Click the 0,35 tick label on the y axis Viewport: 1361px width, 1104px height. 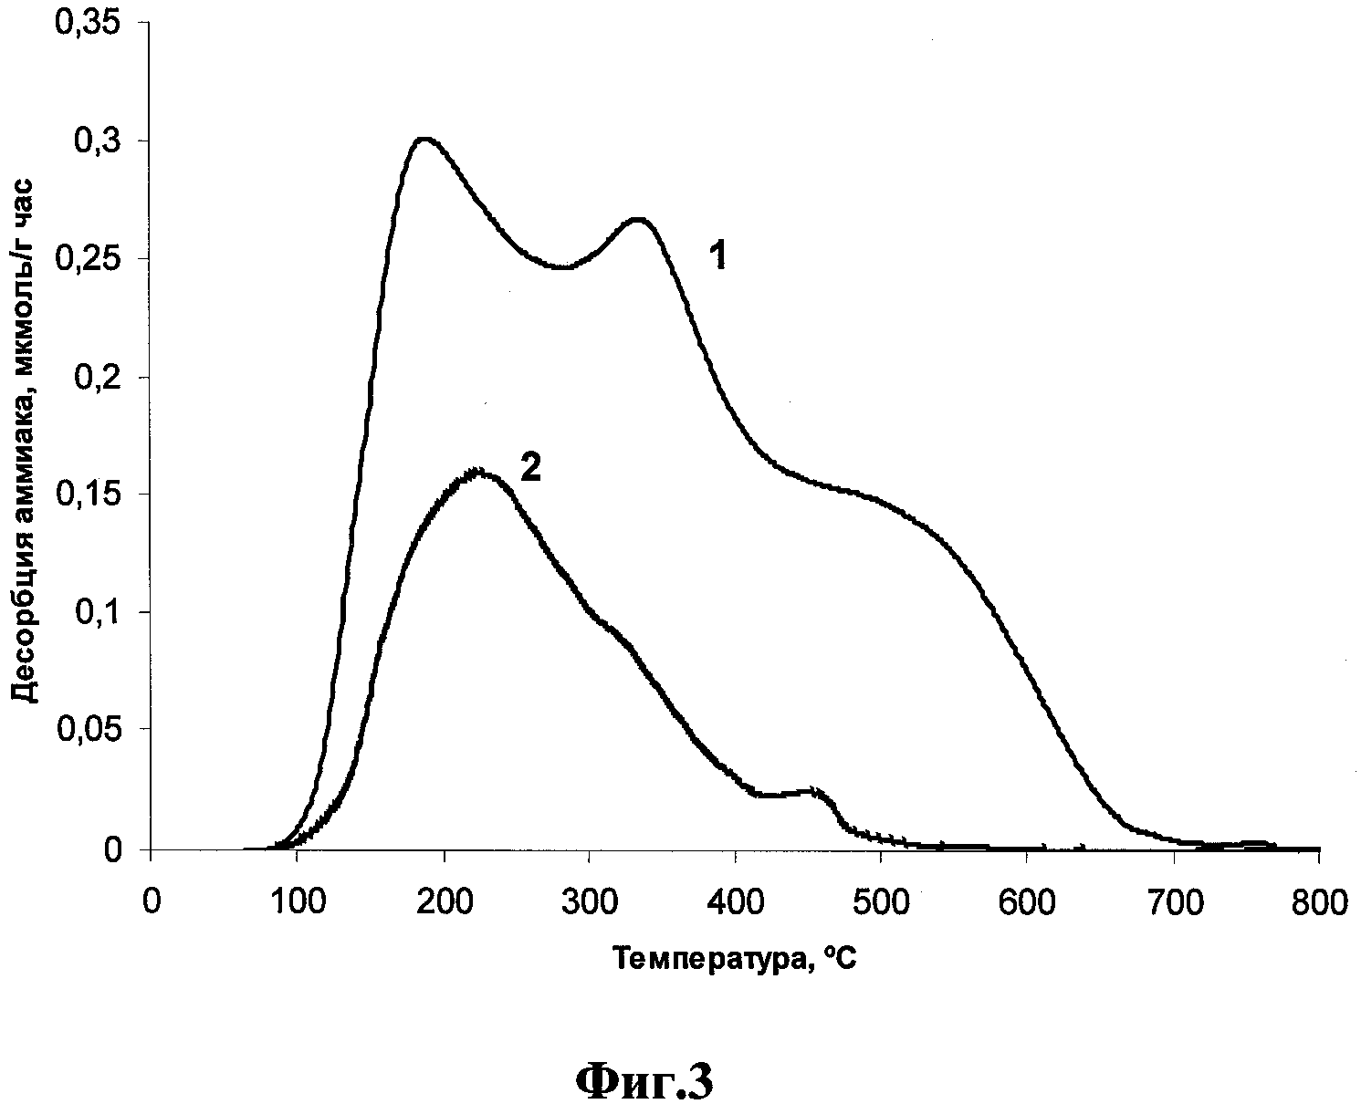pyautogui.click(x=89, y=24)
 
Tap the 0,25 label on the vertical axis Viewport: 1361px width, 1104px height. pyautogui.click(x=89, y=259)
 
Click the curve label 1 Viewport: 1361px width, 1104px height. pyautogui.click(x=718, y=257)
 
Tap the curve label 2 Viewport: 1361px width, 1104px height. pyautogui.click(x=530, y=469)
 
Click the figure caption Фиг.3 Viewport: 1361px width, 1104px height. pyautogui.click(x=644, y=1081)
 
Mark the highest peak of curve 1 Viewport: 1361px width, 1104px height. pyautogui.click(x=424, y=140)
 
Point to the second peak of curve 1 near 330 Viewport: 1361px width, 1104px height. pyautogui.click(x=637, y=219)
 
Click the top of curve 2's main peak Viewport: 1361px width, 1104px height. pyautogui.click(x=476, y=472)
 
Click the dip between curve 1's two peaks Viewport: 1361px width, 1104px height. pyautogui.click(x=561, y=267)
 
